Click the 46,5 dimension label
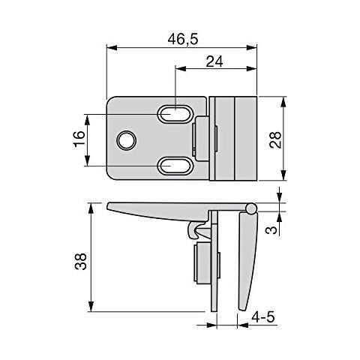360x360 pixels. [x=183, y=39]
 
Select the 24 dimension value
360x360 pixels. [x=214, y=61]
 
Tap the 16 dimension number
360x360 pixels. [x=79, y=139]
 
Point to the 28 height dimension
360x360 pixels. [x=275, y=140]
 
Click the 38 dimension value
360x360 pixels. [x=81, y=262]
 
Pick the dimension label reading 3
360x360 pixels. [x=271, y=229]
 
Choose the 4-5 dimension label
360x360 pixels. [x=263, y=317]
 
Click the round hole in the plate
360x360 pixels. [x=127, y=140]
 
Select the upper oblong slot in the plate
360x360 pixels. [x=175, y=114]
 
